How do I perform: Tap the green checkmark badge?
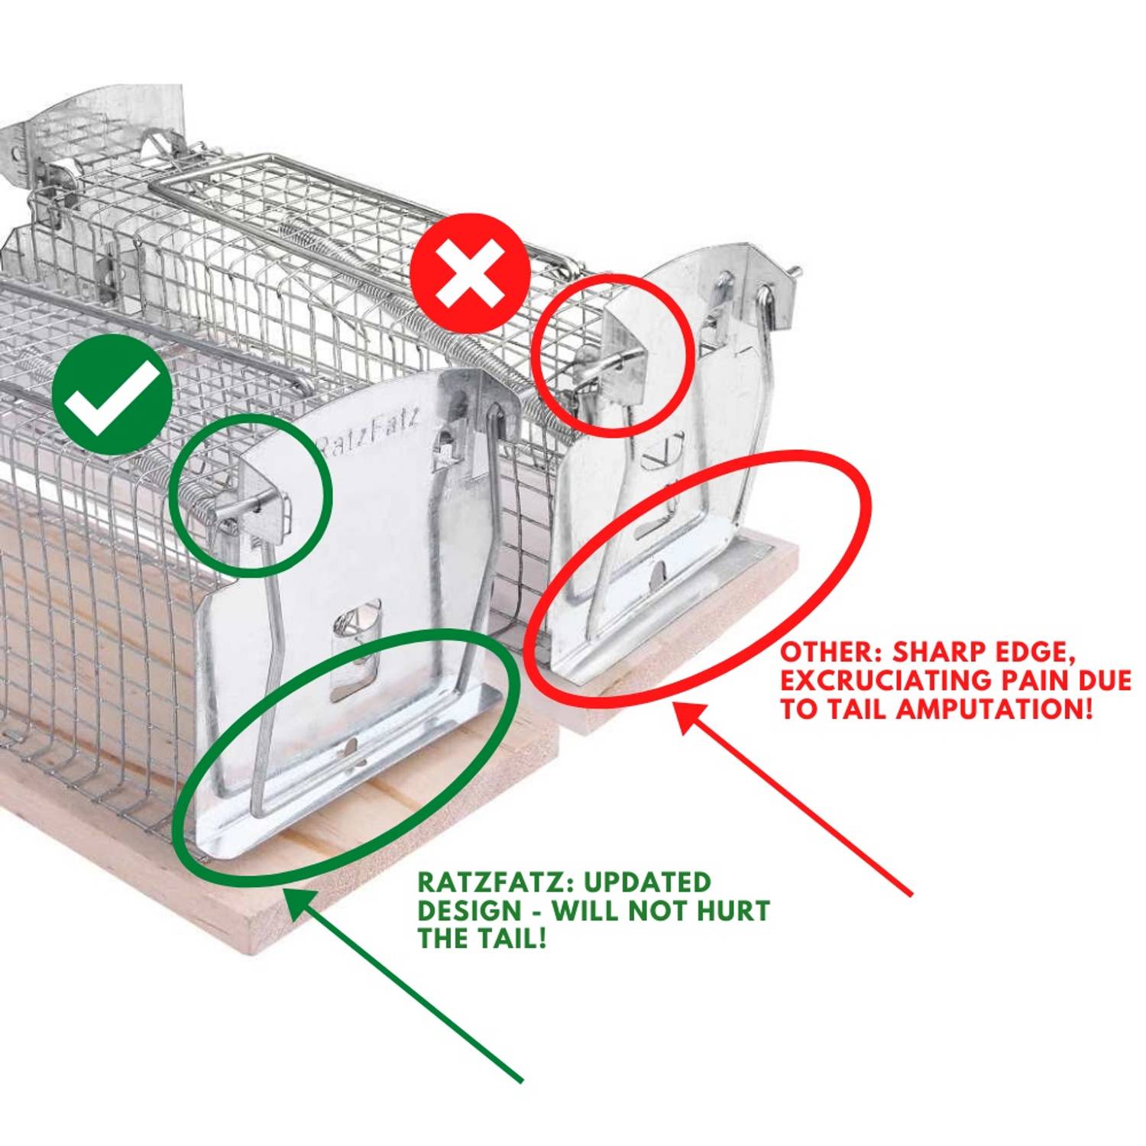pos(112,394)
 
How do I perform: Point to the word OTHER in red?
pos(829,652)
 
